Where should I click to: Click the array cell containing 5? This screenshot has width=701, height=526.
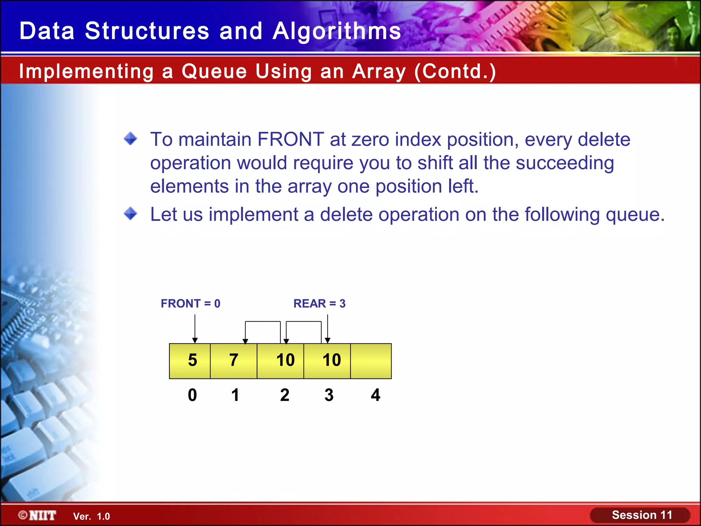pyautogui.click(x=190, y=361)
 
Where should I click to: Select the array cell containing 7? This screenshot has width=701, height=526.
pyautogui.click(x=233, y=361)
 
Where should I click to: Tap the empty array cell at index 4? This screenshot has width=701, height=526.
pyautogui.click(x=371, y=361)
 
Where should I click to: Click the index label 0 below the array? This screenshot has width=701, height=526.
pyautogui.click(x=192, y=395)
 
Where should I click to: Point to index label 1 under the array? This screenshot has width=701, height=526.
pyautogui.click(x=235, y=395)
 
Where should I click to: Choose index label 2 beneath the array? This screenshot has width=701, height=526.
pyautogui.click(x=284, y=395)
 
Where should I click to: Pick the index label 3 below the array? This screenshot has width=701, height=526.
pyautogui.click(x=329, y=395)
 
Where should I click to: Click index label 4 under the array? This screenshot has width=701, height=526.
pyautogui.click(x=375, y=395)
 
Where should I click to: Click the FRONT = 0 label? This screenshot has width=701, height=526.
pyautogui.click(x=191, y=303)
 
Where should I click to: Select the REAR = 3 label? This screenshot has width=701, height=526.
pyautogui.click(x=319, y=303)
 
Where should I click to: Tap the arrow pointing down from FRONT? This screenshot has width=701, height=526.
pyautogui.click(x=195, y=329)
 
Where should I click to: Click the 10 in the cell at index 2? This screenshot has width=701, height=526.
pyautogui.click(x=285, y=360)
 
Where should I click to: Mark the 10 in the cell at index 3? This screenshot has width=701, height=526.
pyautogui.click(x=331, y=360)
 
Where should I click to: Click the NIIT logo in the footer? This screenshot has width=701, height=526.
pyautogui.click(x=38, y=515)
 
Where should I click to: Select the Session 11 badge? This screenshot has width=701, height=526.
pyautogui.click(x=641, y=515)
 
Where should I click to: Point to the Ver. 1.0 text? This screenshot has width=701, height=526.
pyautogui.click(x=91, y=516)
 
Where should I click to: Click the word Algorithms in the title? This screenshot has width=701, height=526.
pyautogui.click(x=336, y=31)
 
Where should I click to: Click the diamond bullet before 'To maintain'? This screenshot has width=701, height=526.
pyautogui.click(x=130, y=139)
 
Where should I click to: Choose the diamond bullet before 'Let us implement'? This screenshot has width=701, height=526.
pyautogui.click(x=130, y=214)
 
